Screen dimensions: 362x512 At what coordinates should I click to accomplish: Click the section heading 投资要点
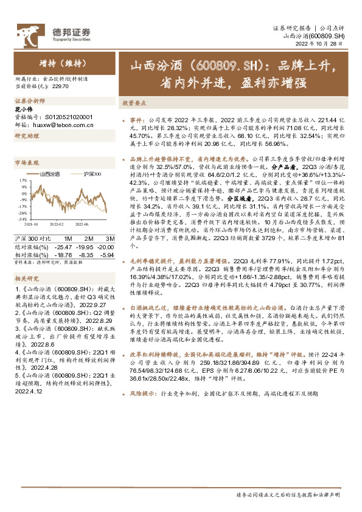133,103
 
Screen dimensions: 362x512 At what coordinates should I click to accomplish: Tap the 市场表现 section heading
26,163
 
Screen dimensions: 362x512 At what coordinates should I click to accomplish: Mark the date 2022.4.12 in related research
28,392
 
